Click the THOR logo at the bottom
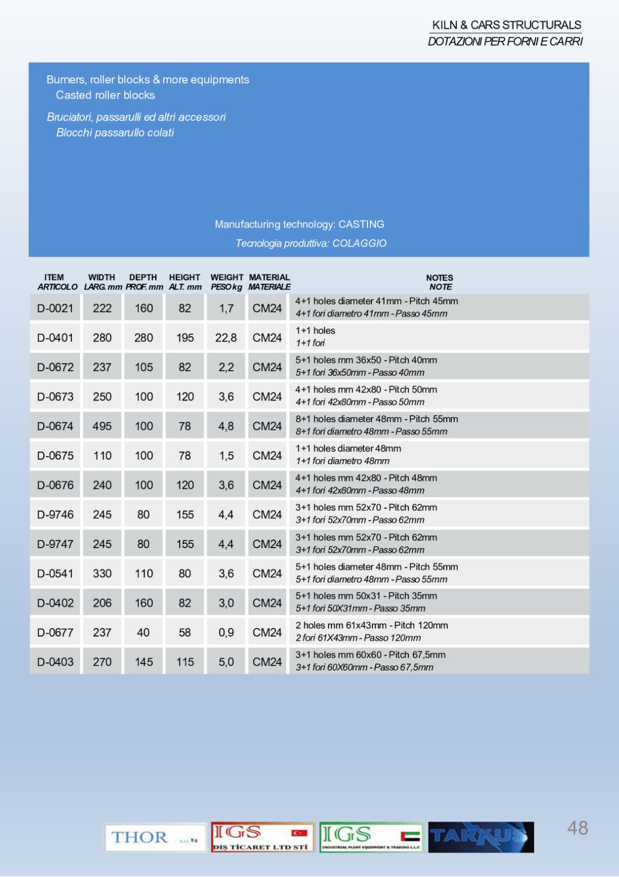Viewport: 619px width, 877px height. point(155,837)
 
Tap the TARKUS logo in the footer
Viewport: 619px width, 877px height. point(481,837)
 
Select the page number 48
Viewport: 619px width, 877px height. point(577,828)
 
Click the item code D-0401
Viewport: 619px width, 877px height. point(55,337)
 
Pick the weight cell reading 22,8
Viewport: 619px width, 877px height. point(226,337)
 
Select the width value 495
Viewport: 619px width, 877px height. point(102,426)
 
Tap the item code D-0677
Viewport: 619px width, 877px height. point(55,633)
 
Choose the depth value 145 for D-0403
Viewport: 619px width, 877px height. point(144,662)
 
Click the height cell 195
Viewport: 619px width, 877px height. point(185,337)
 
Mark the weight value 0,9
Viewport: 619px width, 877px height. point(226,633)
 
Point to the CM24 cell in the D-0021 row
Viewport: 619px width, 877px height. point(267,309)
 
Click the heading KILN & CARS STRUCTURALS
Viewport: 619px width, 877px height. point(507,25)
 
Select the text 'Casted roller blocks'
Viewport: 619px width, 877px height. point(105,95)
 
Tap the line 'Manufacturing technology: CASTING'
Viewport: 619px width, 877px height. point(299,224)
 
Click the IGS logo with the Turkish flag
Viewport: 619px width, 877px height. point(263,837)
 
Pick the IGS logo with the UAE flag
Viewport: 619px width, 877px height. point(371,837)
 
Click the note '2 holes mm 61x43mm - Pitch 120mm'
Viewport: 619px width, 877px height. point(371,625)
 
